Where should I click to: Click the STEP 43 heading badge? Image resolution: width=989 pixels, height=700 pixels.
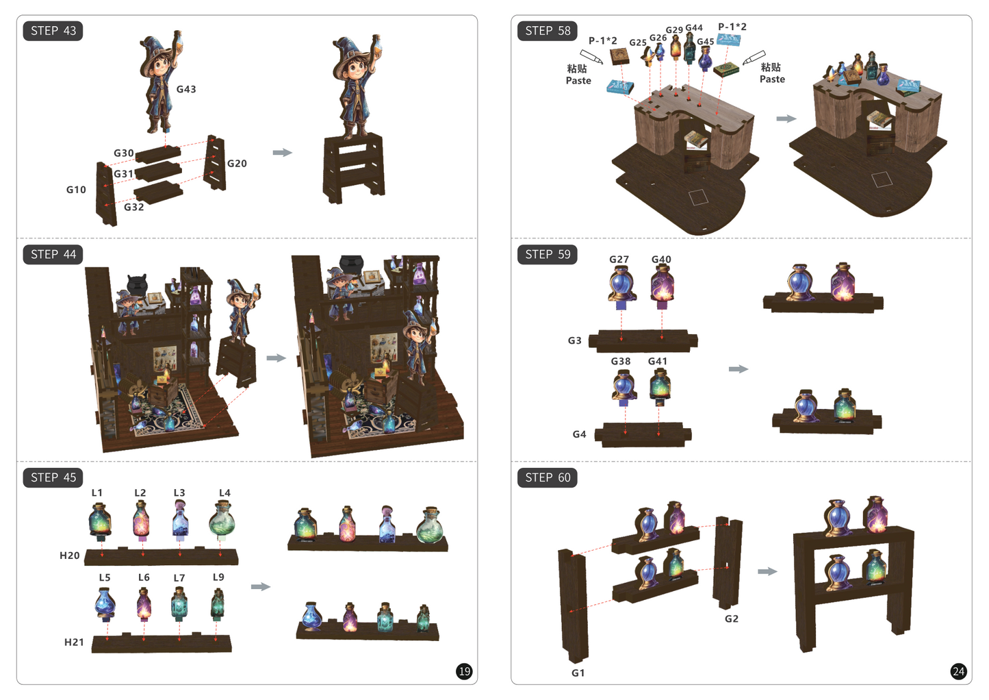tap(53, 31)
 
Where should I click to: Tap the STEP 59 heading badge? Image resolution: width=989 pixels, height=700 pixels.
tap(548, 255)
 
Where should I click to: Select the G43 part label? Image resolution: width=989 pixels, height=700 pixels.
tap(186, 89)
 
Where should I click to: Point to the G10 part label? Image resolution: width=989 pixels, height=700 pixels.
tap(76, 190)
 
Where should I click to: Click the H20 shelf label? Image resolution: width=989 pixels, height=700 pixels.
tap(70, 555)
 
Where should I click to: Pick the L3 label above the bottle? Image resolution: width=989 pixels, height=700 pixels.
tap(179, 492)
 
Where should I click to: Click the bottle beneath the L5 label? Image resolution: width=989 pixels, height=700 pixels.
tap(105, 604)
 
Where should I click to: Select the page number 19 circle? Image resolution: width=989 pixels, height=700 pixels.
tap(464, 672)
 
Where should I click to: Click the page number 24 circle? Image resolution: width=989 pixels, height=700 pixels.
tap(958, 672)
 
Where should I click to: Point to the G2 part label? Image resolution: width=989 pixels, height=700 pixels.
tap(732, 619)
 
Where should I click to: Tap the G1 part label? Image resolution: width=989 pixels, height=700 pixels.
tap(578, 673)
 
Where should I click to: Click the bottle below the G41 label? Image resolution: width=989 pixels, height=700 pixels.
tap(660, 387)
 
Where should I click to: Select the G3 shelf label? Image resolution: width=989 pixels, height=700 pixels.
tap(574, 340)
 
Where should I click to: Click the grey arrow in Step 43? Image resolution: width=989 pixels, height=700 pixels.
tap(283, 153)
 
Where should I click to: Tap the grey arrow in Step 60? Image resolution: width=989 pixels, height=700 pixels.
tap(767, 571)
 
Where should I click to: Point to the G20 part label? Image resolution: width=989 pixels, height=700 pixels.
tap(237, 164)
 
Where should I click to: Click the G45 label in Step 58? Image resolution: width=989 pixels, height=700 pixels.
tap(706, 42)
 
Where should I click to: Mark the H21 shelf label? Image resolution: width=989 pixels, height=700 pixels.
tap(74, 642)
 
